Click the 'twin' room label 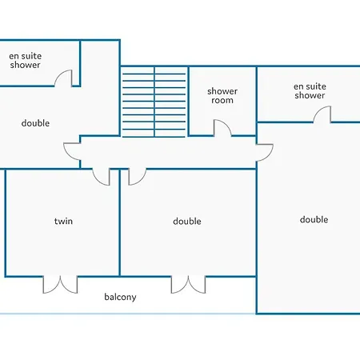(x=63, y=221)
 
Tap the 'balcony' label (x=120, y=297)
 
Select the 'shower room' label (x=222, y=96)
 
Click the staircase (x=154, y=102)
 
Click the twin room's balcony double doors (x=60, y=285)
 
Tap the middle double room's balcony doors (x=188, y=285)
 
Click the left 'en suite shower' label (x=26, y=61)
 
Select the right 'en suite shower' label (x=310, y=91)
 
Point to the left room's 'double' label (x=35, y=123)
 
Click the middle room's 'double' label (x=187, y=221)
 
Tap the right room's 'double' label (x=314, y=219)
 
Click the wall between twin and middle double (x=120, y=222)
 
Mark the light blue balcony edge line (x=127, y=314)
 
